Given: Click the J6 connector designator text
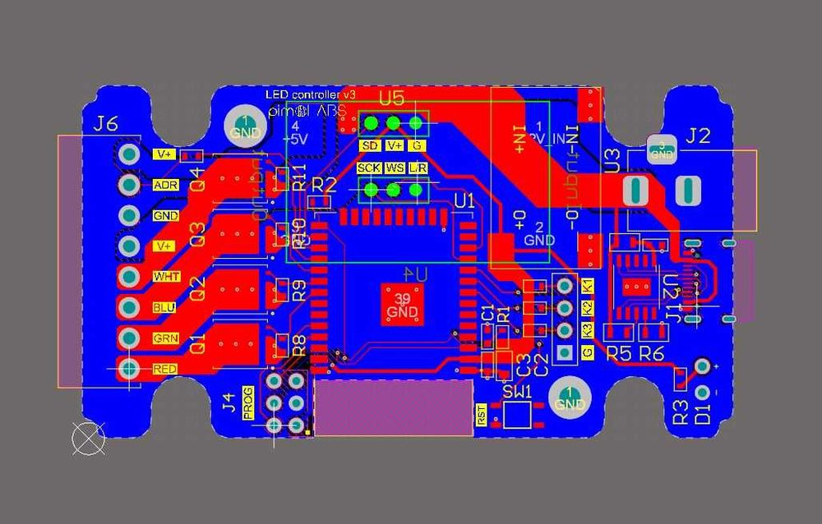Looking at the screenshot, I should pyautogui.click(x=106, y=124).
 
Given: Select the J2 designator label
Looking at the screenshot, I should pyautogui.click(x=697, y=136).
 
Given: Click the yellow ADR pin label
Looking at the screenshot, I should pyautogui.click(x=165, y=185).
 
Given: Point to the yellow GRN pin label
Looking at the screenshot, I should pyautogui.click(x=164, y=338).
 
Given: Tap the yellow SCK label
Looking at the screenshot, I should pyautogui.click(x=369, y=168).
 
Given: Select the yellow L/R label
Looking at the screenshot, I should pyautogui.click(x=418, y=168).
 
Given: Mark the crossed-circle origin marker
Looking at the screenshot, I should pyautogui.click(x=89, y=439).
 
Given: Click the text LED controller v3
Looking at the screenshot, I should pyautogui.click(x=310, y=95).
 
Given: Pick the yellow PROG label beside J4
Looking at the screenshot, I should pyautogui.click(x=249, y=402).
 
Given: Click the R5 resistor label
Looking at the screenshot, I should pyautogui.click(x=618, y=353).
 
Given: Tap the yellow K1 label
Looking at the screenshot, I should pyautogui.click(x=587, y=287).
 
